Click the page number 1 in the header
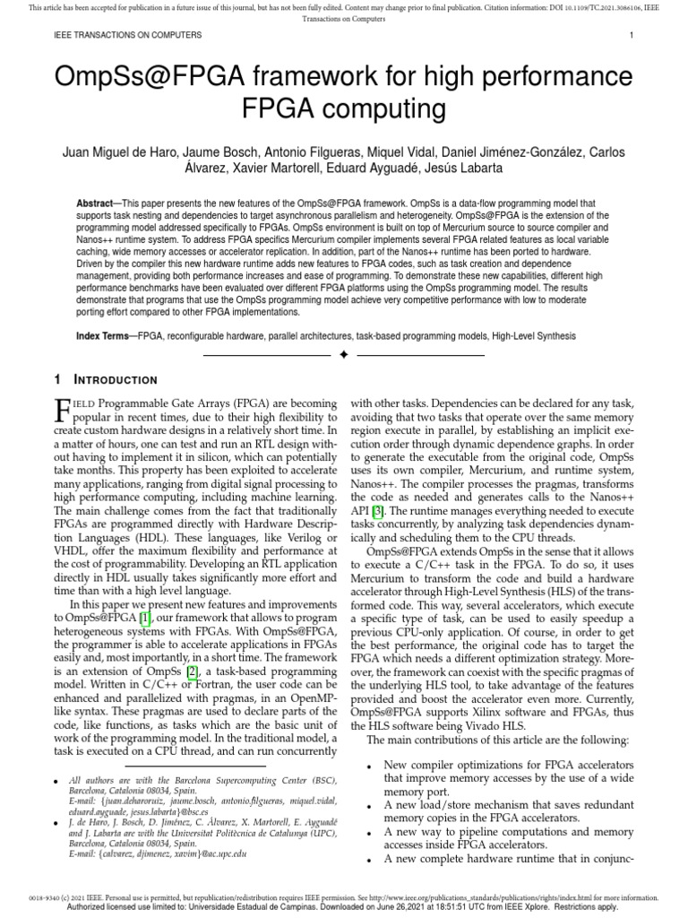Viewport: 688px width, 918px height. [x=632, y=35]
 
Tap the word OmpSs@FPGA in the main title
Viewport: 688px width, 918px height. [x=148, y=77]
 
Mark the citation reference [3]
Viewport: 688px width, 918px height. [x=378, y=510]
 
